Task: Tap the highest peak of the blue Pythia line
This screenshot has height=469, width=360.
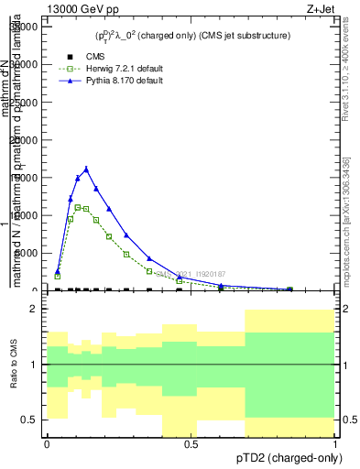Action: click(x=86, y=169)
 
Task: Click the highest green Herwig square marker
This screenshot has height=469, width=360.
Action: click(x=78, y=207)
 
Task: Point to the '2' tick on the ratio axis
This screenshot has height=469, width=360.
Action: click(x=34, y=310)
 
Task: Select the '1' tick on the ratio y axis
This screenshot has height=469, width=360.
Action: click(x=34, y=365)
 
